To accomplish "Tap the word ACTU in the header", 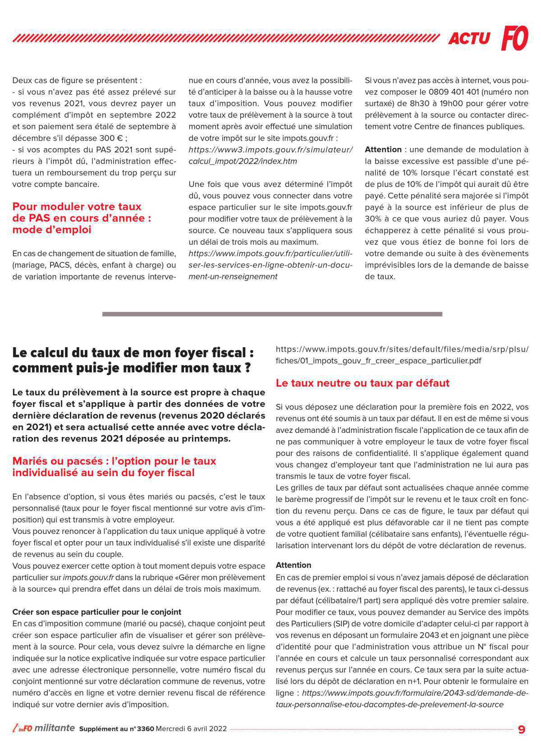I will [x=469, y=38].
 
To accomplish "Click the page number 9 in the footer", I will [x=522, y=729].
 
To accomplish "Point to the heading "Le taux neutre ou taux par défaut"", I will [x=362, y=383].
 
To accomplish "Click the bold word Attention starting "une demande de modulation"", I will [x=383, y=149].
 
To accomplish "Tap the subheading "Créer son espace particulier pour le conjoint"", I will [x=96, y=612].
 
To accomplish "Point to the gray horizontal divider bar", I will [x=272, y=314].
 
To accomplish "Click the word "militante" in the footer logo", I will [x=55, y=728].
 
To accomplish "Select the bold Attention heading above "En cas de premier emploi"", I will [x=293, y=565].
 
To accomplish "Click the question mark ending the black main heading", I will [x=248, y=368].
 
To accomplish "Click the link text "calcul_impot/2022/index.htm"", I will [x=243, y=161].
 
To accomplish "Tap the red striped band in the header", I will [x=225, y=38].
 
